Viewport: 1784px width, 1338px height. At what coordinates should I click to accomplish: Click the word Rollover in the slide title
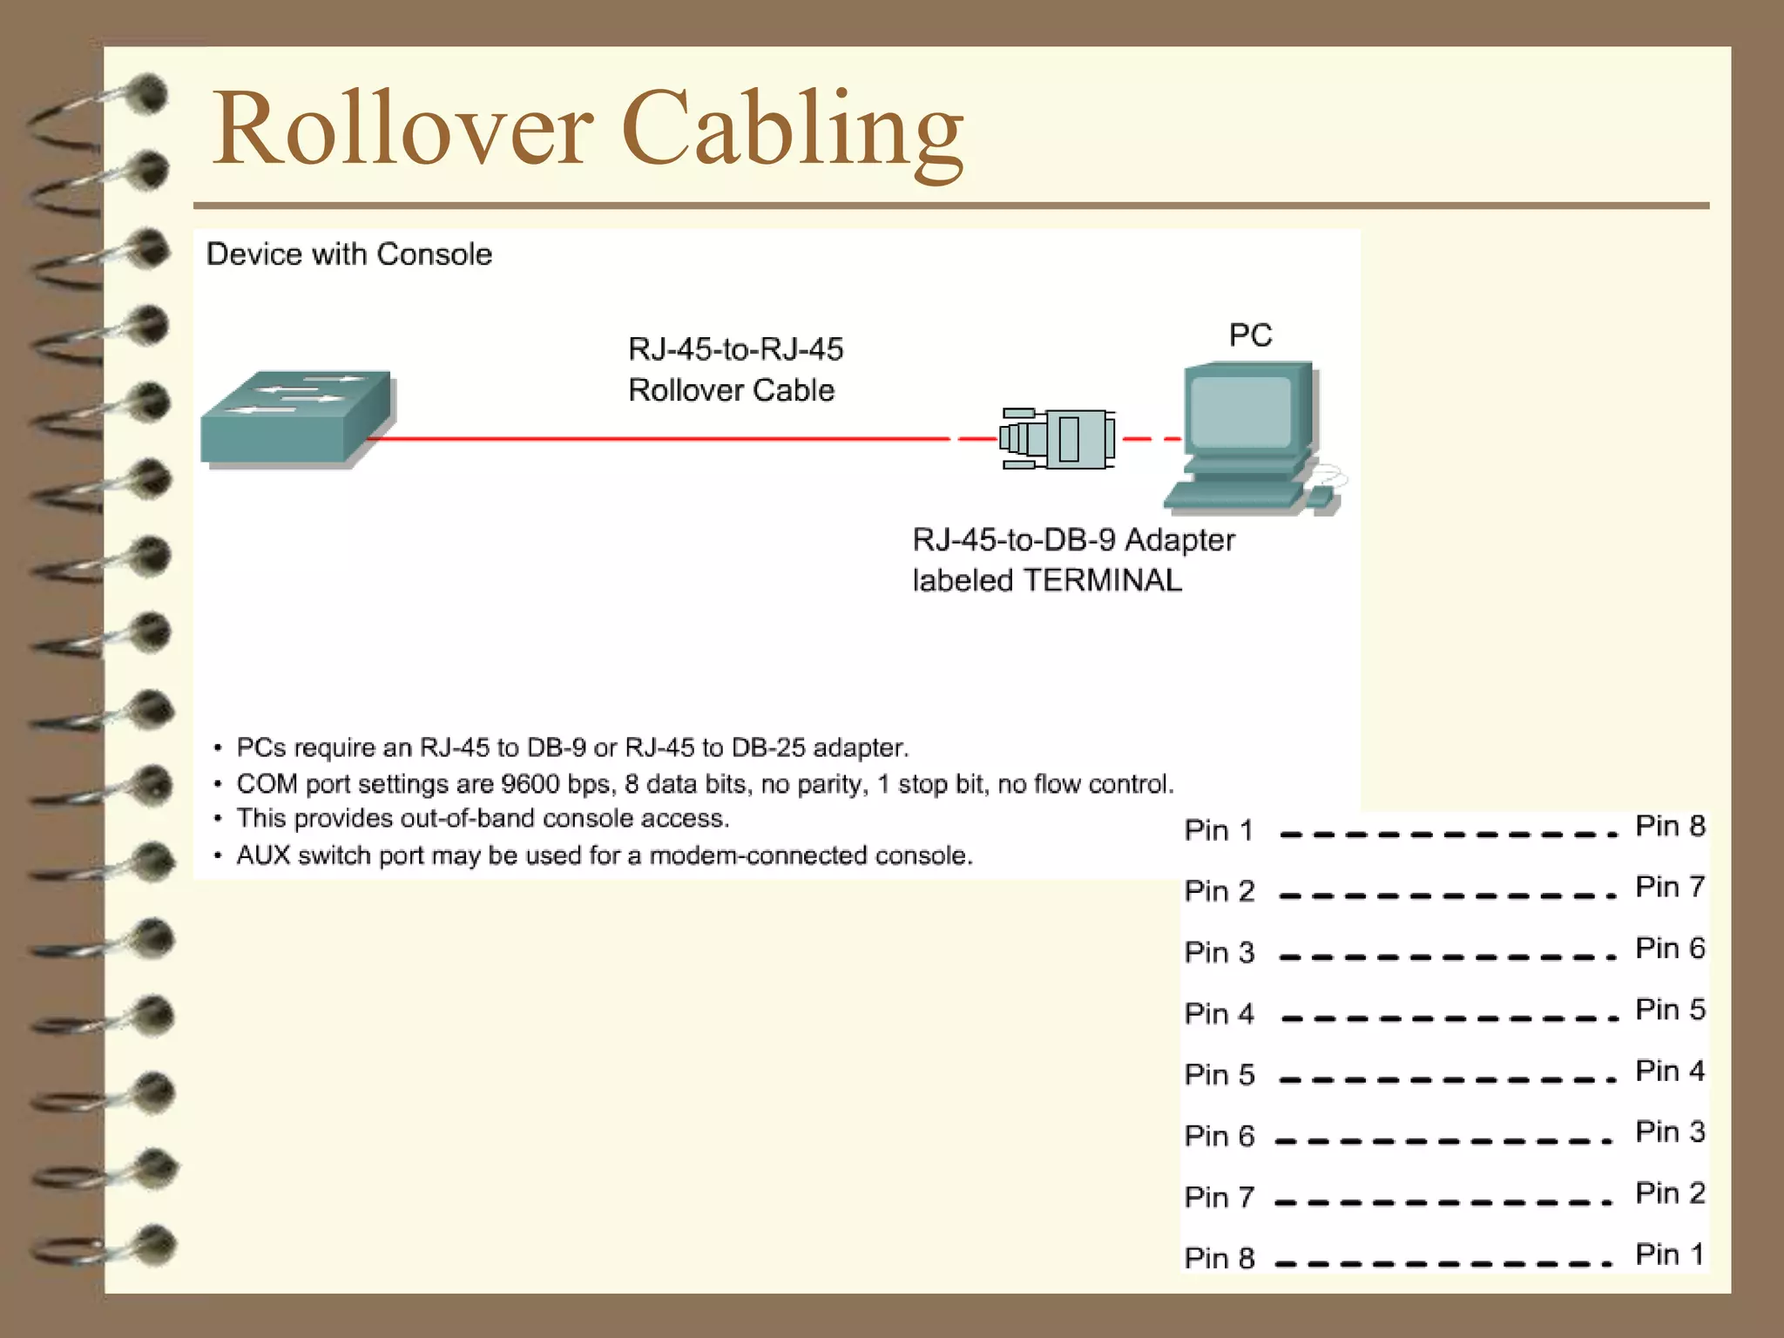pyautogui.click(x=403, y=129)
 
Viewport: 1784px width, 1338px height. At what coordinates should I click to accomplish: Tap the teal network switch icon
pyautogui.click(x=296, y=418)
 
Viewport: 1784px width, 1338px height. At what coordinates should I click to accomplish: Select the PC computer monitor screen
pyautogui.click(x=1240, y=412)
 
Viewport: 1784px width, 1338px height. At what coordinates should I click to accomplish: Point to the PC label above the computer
pyautogui.click(x=1250, y=335)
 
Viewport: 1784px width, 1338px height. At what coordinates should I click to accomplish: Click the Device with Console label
pyautogui.click(x=348, y=254)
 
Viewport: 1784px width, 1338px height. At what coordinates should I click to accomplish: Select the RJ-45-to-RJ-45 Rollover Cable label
pyautogui.click(x=735, y=370)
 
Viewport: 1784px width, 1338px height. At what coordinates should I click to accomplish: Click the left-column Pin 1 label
pyautogui.click(x=1219, y=830)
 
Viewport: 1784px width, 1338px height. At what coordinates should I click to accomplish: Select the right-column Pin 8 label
pyautogui.click(x=1670, y=826)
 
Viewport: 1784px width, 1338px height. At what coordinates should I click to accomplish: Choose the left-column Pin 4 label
pyautogui.click(x=1219, y=1014)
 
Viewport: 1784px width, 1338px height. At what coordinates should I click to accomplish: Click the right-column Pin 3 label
pyautogui.click(x=1670, y=1132)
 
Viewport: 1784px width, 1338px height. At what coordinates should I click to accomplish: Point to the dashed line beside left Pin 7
pyautogui.click(x=1443, y=1202)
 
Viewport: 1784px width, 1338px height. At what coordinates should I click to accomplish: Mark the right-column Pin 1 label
pyautogui.click(x=1670, y=1254)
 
